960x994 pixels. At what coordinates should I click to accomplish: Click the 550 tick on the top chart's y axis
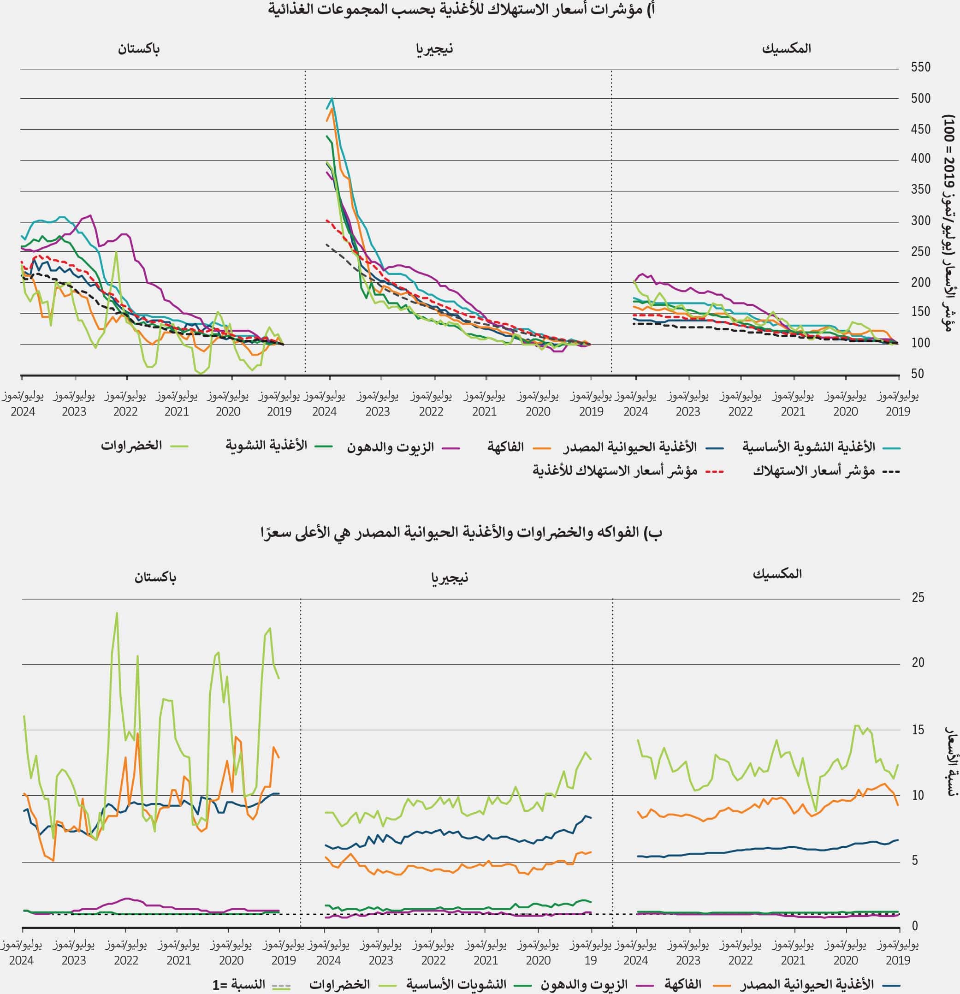[x=920, y=67]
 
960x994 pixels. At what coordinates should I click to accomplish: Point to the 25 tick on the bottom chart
[x=918, y=597]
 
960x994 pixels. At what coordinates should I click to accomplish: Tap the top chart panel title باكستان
[x=138, y=49]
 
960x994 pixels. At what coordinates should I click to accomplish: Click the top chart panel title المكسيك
[x=786, y=49]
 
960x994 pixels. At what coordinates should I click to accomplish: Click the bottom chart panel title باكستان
[x=155, y=577]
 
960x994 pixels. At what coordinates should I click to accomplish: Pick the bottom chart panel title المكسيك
[x=777, y=574]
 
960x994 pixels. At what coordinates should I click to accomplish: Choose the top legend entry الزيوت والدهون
[x=390, y=447]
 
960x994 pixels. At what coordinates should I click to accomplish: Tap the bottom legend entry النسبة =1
[x=239, y=984]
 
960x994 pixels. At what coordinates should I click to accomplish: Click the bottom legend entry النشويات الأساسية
[x=456, y=984]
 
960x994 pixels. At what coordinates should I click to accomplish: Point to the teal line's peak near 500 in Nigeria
[x=332, y=98]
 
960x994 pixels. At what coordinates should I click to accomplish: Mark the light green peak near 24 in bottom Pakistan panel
[x=117, y=613]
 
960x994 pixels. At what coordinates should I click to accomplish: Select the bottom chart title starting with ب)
[x=461, y=532]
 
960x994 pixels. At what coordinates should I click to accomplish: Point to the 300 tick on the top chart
[x=920, y=221]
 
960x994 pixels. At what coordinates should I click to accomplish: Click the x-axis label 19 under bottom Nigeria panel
[x=590, y=960]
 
